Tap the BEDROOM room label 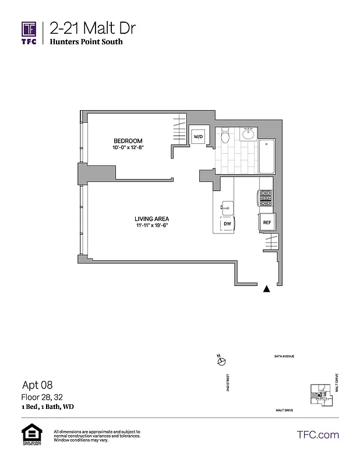tap(128, 141)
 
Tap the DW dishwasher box tap(226, 223)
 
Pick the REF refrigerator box tap(267, 223)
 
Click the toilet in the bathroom tap(225, 136)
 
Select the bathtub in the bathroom tap(267, 156)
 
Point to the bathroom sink tap(247, 135)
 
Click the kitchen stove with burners tap(266, 200)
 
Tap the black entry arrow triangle tap(267, 288)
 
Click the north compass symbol tap(221, 361)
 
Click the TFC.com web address tap(317, 435)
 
